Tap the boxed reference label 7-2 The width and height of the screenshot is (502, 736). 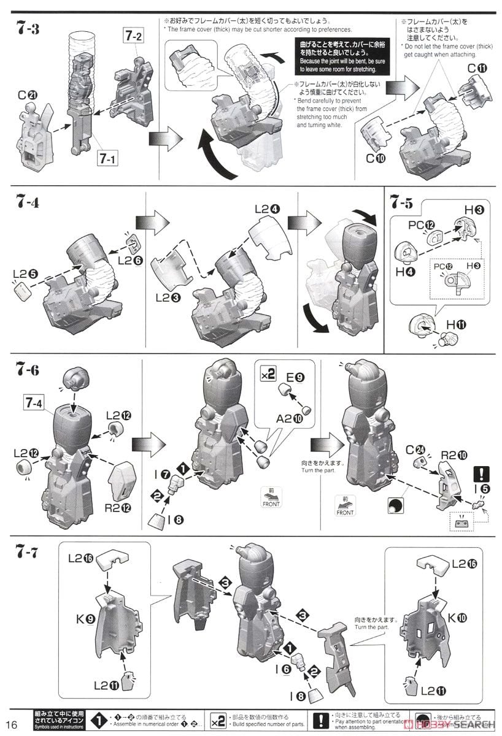(134, 36)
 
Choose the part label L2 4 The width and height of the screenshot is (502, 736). (267, 209)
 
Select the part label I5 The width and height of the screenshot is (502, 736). (481, 489)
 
